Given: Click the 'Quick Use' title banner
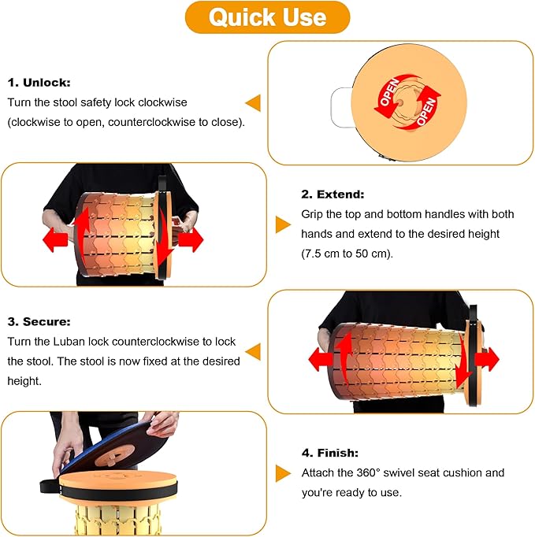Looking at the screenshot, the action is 267,17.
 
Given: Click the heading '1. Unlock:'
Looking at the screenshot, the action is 39,83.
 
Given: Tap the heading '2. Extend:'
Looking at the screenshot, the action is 333,194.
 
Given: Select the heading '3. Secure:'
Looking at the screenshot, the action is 39,321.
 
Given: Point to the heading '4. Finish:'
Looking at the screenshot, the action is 330,453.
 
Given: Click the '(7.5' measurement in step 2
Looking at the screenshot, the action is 313,254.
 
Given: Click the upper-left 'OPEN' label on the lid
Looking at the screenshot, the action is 389,92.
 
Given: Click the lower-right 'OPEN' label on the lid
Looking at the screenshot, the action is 426,112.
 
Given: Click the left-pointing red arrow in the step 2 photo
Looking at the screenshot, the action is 55,239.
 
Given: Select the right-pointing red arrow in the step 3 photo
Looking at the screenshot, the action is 488,359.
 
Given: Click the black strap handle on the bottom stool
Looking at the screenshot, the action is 50,487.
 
